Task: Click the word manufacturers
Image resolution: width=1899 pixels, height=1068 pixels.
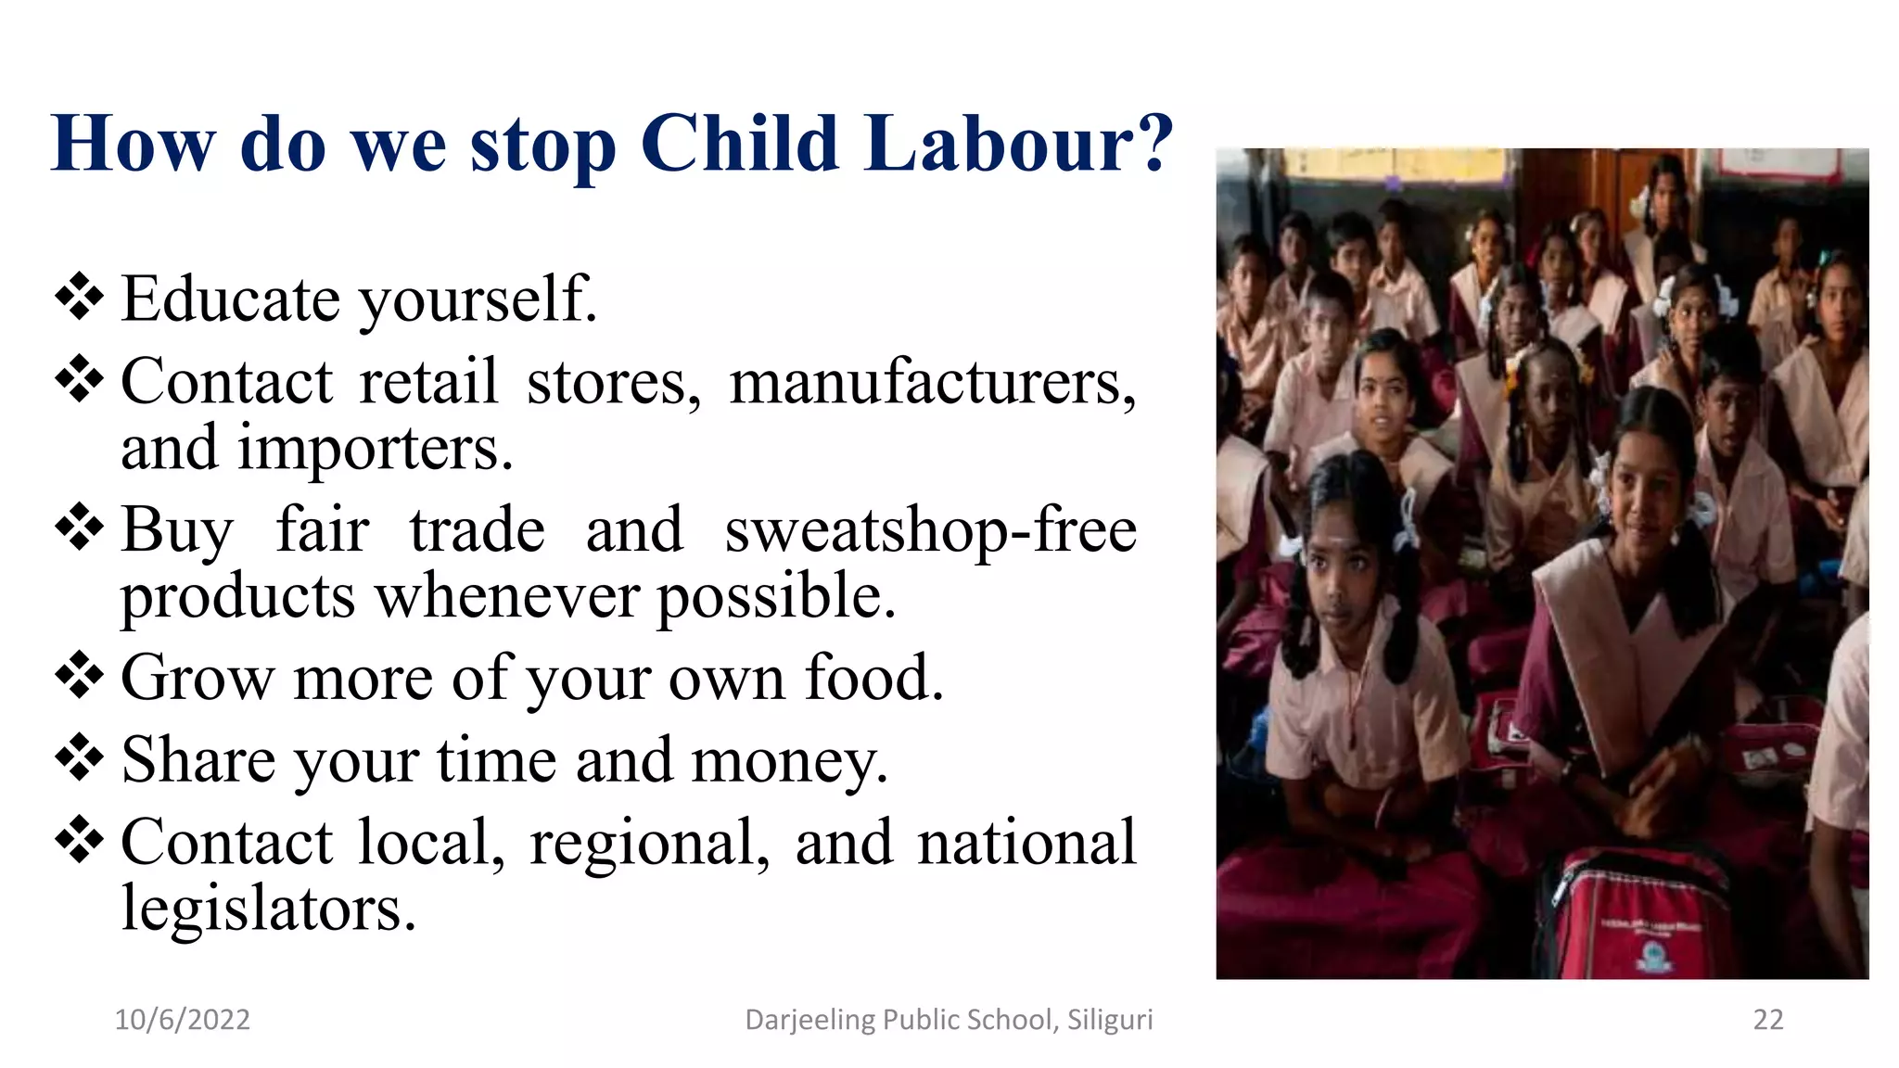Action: (932, 382)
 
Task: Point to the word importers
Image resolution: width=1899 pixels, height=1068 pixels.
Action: (376, 450)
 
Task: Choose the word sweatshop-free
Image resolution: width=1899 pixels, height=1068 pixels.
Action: (930, 531)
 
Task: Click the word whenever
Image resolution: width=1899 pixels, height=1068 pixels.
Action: (507, 595)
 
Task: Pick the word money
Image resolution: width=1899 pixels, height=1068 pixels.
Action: (789, 760)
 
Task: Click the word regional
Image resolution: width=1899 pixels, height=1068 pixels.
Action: (649, 844)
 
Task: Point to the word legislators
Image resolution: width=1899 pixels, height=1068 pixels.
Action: (269, 908)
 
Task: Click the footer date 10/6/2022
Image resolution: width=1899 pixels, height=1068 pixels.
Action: (182, 1020)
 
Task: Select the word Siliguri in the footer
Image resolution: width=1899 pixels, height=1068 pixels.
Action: (1110, 1020)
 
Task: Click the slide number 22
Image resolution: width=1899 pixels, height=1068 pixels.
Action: (1767, 1020)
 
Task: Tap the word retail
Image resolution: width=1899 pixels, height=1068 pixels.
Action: (428, 382)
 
